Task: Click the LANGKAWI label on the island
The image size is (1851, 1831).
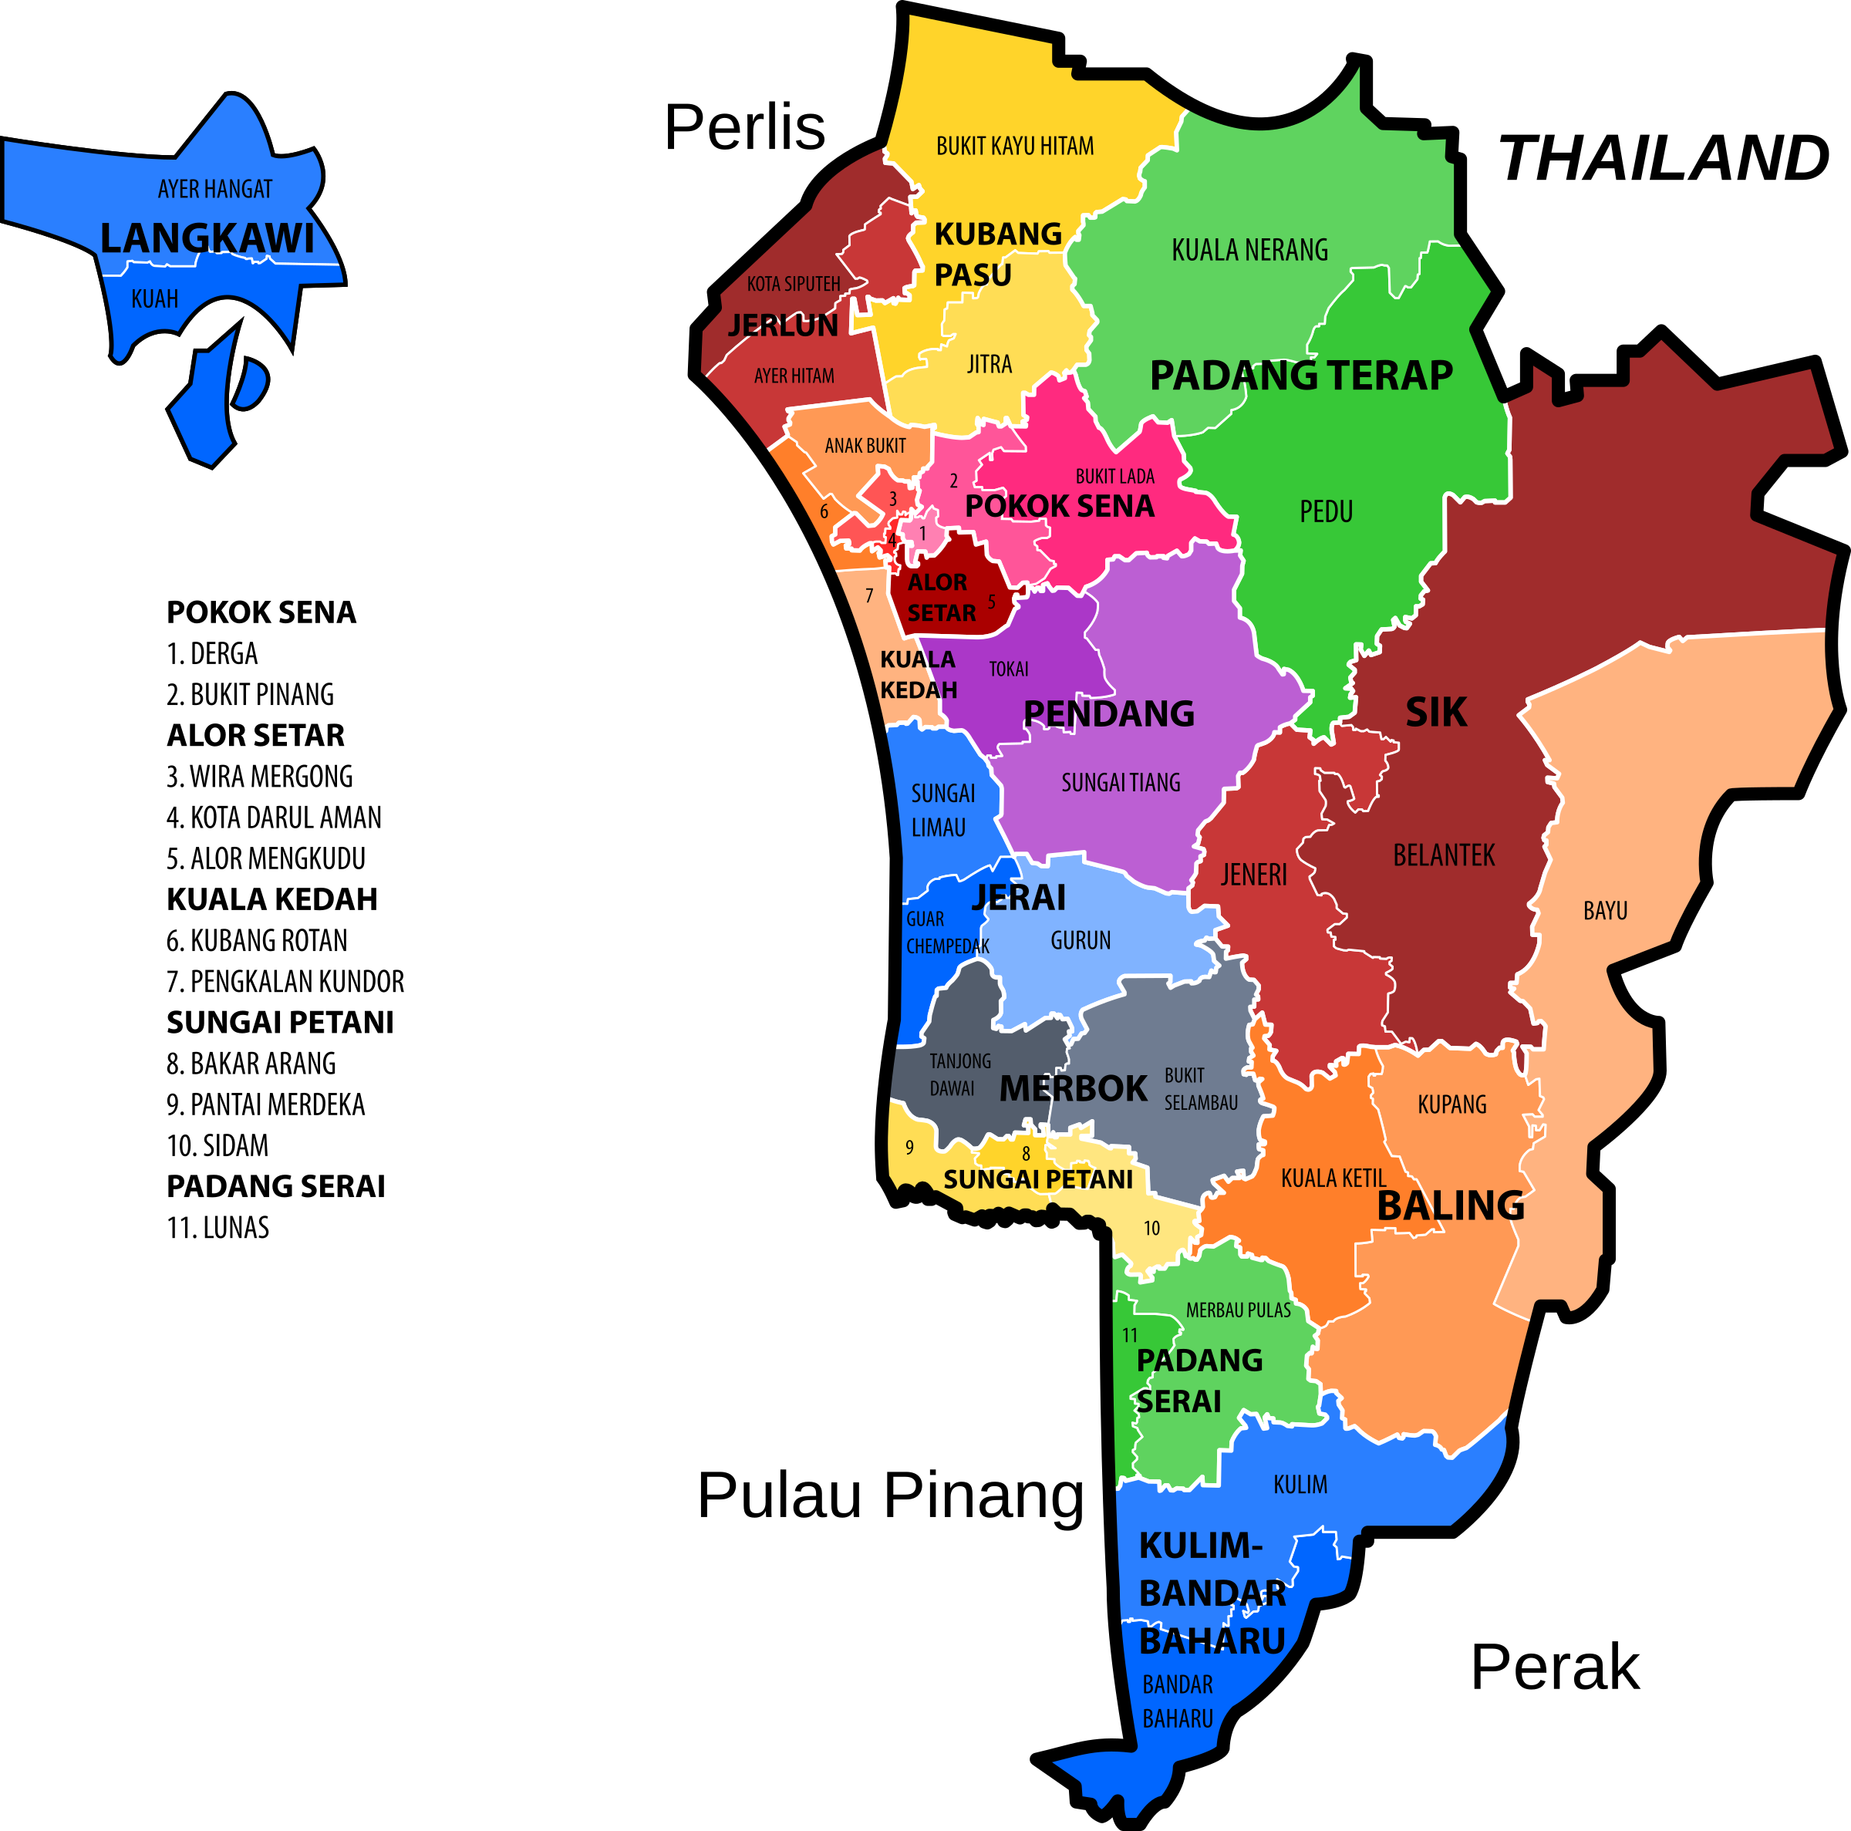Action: [207, 238]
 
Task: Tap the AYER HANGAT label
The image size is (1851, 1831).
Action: [214, 189]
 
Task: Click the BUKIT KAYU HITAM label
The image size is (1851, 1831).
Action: [1015, 146]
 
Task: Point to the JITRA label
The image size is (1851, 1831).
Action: [989, 364]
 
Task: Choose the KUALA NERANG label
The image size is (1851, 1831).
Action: [1249, 250]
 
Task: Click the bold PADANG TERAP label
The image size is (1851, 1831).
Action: [1300, 375]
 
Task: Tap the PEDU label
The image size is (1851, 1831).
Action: [1326, 511]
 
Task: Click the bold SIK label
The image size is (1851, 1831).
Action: [1435, 712]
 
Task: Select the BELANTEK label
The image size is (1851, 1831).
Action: [1443, 855]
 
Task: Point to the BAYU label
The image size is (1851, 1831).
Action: [1605, 910]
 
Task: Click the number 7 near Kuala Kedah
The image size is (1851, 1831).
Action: [869, 596]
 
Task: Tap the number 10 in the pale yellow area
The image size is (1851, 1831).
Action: [1151, 1229]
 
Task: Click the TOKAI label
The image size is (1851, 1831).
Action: [1008, 669]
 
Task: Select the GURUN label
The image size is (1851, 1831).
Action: [1080, 940]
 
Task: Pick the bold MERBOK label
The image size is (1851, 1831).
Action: [1072, 1087]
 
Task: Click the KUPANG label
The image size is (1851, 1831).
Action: [1451, 1104]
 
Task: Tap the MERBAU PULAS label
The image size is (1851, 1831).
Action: [1238, 1310]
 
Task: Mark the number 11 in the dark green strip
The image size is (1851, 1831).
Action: [1130, 1334]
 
